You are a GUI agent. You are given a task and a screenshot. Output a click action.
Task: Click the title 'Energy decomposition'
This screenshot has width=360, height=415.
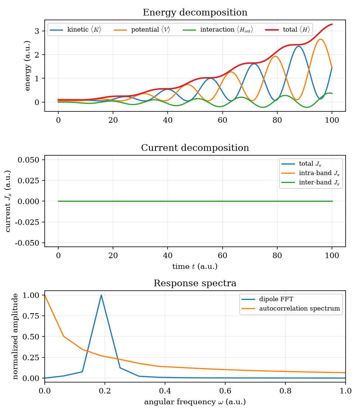pos(195,13)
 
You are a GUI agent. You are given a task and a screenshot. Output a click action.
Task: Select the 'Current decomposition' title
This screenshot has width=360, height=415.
pos(195,148)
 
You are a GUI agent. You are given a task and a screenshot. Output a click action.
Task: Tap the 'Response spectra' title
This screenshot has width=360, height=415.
pos(195,283)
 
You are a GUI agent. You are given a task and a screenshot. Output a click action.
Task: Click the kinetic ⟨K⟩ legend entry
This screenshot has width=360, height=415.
pos(76,30)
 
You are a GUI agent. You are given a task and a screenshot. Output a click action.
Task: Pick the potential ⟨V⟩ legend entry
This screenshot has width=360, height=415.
pos(142,30)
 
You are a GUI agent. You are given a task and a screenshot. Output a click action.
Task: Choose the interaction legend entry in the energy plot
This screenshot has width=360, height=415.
pos(218,30)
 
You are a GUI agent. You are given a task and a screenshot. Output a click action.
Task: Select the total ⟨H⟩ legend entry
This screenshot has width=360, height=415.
pos(288,30)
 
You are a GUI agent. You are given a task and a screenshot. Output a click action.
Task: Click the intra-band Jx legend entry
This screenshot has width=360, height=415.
pos(311,173)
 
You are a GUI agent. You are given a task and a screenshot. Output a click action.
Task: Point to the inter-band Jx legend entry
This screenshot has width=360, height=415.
pos(311,182)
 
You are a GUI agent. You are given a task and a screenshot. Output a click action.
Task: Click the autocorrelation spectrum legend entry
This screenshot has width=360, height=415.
pos(291,309)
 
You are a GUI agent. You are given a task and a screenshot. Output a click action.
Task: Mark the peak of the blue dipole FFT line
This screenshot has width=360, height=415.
pos(101,295)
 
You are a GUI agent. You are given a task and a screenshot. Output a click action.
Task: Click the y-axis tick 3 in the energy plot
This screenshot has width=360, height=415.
pos(37,31)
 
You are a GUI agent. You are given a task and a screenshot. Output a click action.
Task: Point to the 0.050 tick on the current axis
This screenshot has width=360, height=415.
pos(28,160)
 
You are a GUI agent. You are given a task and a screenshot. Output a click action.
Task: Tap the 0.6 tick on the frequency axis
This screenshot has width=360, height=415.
pos(225,391)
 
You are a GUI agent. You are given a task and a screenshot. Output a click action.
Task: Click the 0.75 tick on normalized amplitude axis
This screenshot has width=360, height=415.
pos(31,316)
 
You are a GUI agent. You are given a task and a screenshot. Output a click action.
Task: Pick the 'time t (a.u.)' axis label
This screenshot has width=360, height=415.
pos(195,266)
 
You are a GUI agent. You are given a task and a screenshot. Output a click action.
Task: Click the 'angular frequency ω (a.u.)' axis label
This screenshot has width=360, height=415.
pos(195,402)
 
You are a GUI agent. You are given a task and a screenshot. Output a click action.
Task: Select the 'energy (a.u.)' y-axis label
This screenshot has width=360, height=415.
pos(28,66)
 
